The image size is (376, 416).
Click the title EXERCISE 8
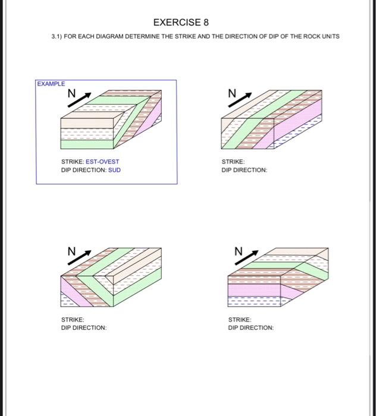(181, 23)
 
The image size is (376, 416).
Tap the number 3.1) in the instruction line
(58, 37)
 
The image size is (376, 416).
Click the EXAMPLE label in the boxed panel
(51, 84)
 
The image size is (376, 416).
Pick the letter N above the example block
(71, 94)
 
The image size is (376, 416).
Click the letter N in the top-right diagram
(232, 93)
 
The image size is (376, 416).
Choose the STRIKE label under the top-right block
(233, 162)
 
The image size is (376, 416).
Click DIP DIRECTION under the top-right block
(244, 170)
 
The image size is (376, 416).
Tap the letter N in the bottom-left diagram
(71, 252)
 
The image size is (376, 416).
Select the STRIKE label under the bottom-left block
(73, 320)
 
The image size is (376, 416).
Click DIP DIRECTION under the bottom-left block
(84, 328)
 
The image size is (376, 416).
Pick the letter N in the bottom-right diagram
(239, 251)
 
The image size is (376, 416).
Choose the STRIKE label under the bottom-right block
(240, 320)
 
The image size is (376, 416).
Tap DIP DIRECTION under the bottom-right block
(250, 328)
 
